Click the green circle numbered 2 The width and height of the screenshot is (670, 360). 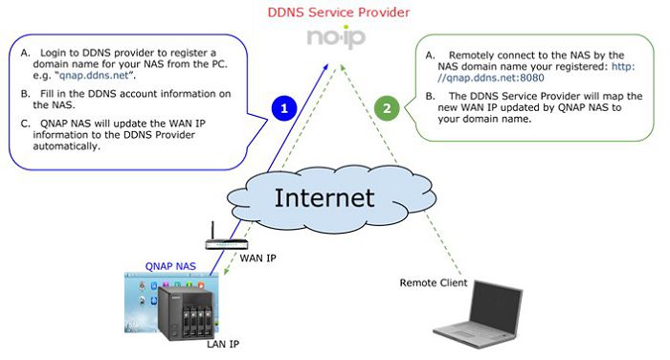pos(386,107)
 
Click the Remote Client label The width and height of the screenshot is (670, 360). pos(434,282)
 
